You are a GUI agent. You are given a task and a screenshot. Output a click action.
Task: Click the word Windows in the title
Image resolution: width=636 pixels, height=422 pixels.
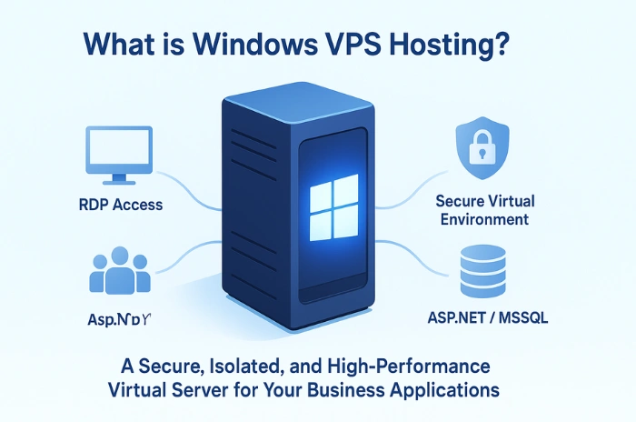tap(269, 44)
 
